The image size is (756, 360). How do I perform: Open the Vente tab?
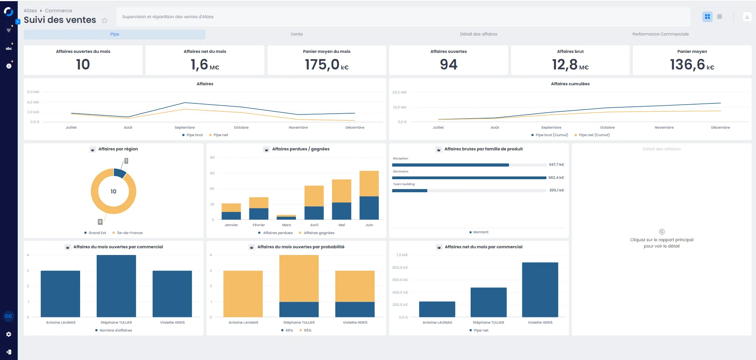(x=297, y=34)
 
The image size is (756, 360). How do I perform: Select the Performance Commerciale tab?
(x=661, y=34)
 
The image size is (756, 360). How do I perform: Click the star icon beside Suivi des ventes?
(x=105, y=21)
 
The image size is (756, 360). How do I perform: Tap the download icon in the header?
(x=747, y=17)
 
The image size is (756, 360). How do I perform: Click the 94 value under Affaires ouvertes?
(x=449, y=64)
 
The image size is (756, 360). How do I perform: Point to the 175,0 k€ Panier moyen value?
(x=327, y=64)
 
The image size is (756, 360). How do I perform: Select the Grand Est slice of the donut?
(x=120, y=173)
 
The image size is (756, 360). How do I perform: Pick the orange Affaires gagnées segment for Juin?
(x=369, y=184)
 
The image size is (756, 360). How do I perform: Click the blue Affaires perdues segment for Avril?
(x=314, y=213)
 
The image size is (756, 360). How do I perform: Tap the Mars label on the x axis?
(x=286, y=225)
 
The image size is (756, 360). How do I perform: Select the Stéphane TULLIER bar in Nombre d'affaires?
(x=116, y=286)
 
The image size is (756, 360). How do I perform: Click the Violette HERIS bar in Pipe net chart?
(x=540, y=290)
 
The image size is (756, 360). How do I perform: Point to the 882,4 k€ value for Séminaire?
(x=556, y=178)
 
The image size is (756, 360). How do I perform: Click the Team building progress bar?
(x=469, y=191)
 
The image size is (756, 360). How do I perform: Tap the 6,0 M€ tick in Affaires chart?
(x=33, y=92)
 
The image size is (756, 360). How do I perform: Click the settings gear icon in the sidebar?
(x=9, y=334)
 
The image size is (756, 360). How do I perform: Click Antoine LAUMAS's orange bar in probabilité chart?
(x=243, y=294)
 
